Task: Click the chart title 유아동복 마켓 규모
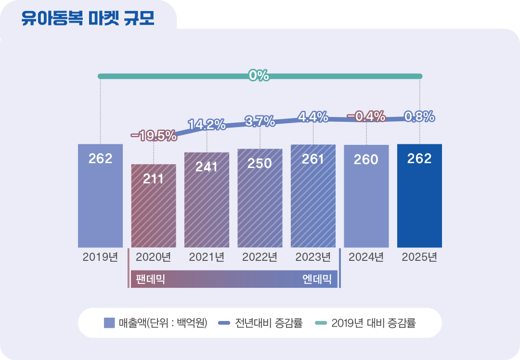point(88,19)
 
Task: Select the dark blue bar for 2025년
point(419,202)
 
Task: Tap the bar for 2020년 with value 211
point(154,212)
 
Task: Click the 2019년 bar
point(100,202)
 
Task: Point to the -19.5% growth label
point(154,136)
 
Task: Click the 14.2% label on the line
point(207,124)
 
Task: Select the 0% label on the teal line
point(259,76)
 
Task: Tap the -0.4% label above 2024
point(366,116)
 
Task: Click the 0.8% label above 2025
point(419,116)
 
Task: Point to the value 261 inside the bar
point(313,159)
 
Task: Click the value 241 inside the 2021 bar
point(207,167)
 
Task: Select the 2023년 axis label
point(313,257)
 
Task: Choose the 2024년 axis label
point(366,257)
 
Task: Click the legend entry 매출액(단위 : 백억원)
point(156,323)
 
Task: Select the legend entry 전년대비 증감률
point(260,323)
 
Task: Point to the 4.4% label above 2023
point(313,116)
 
